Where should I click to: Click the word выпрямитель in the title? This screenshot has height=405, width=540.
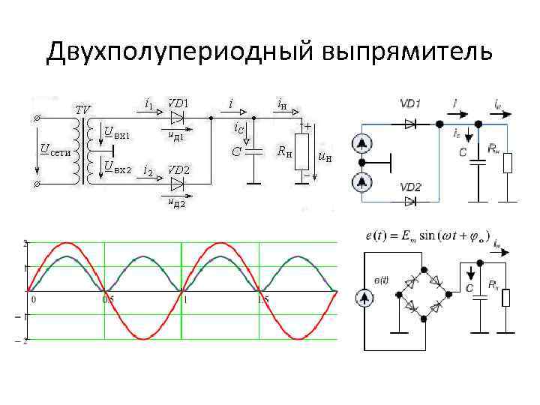coord(408,52)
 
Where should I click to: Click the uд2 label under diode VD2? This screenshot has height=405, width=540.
coord(177,202)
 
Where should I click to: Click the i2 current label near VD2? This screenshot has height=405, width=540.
coord(148,172)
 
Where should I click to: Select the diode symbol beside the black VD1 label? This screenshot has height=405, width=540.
coord(178,118)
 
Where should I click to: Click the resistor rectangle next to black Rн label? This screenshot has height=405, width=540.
coord(302,151)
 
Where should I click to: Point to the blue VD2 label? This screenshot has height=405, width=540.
coord(410,187)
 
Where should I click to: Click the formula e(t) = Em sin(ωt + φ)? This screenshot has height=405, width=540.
coord(425,237)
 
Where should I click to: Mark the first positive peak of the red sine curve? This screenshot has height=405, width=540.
coord(67,243)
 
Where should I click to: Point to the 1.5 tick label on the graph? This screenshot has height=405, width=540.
coord(262,299)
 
